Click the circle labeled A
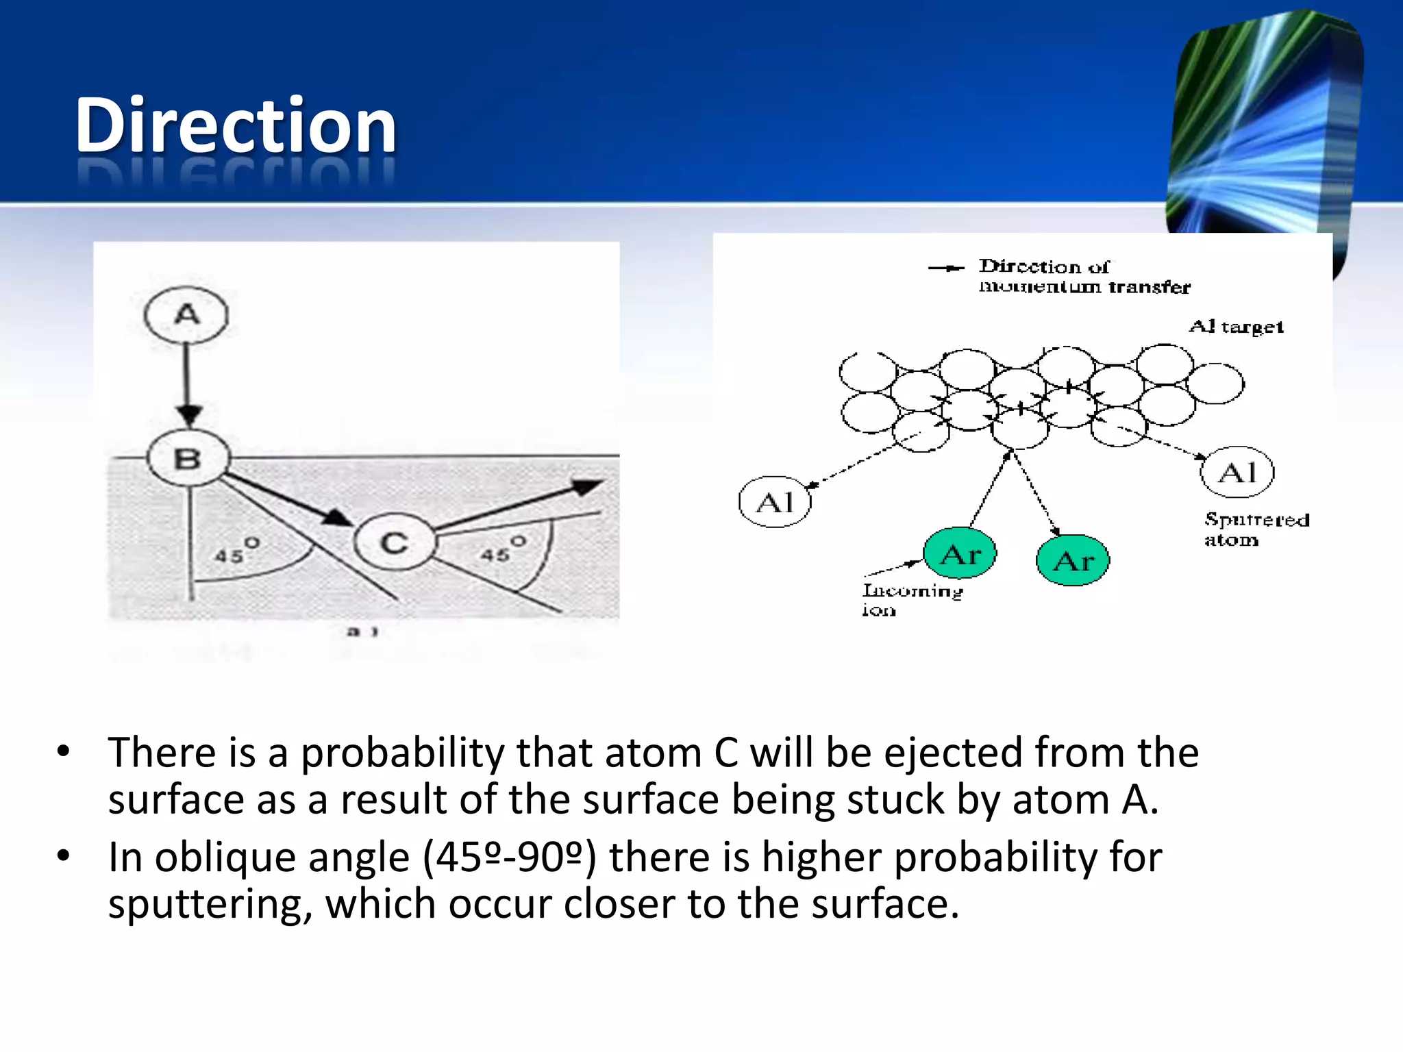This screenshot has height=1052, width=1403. tap(186, 315)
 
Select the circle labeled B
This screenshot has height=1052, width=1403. tap(188, 458)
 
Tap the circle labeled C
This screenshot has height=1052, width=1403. tap(395, 542)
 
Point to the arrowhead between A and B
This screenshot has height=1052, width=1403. tap(188, 413)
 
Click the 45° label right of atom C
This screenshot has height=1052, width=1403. tap(502, 551)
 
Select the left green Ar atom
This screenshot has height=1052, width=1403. tap(960, 553)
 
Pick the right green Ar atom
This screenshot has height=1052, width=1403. tap(1072, 560)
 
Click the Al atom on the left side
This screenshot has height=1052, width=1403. tap(775, 502)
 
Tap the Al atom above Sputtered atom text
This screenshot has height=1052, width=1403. tap(1237, 472)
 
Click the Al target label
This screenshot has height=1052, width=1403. tap(1236, 327)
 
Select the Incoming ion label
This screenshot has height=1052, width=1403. tap(912, 599)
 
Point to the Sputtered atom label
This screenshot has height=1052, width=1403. tap(1256, 529)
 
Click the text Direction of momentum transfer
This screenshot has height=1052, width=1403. tap(1084, 276)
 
